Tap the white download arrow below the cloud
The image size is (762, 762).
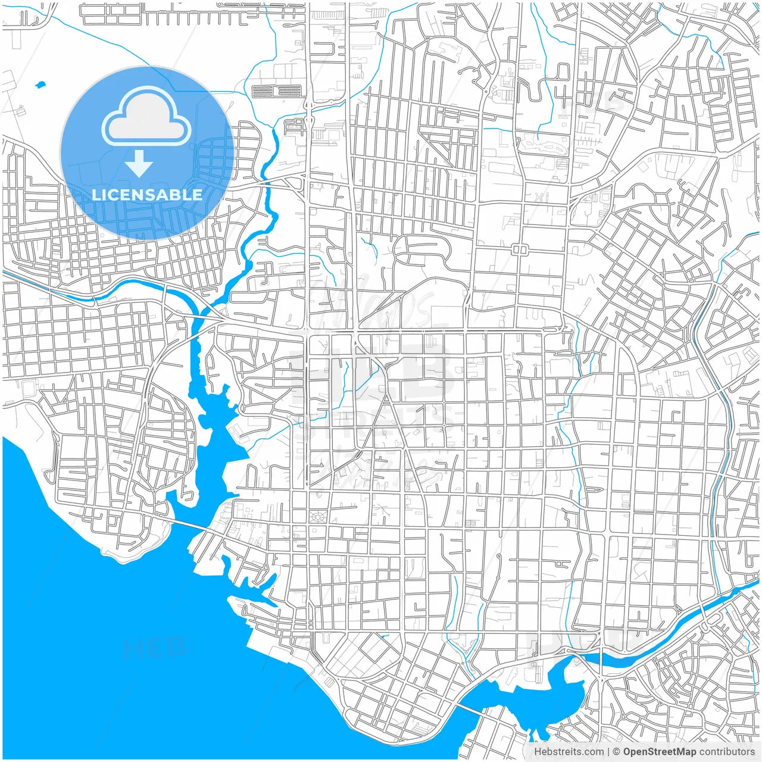click(x=139, y=164)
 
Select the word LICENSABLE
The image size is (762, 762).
click(x=146, y=195)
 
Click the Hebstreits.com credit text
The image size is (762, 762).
click(x=569, y=752)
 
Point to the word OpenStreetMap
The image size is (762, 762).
click(x=660, y=752)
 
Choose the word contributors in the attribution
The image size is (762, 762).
click(x=726, y=752)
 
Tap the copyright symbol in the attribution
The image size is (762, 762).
click(x=617, y=752)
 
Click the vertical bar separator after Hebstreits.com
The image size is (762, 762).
click(x=608, y=752)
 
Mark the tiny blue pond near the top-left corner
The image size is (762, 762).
click(x=40, y=85)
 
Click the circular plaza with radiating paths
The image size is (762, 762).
click(x=317, y=516)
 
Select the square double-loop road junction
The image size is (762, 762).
click(x=519, y=249)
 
